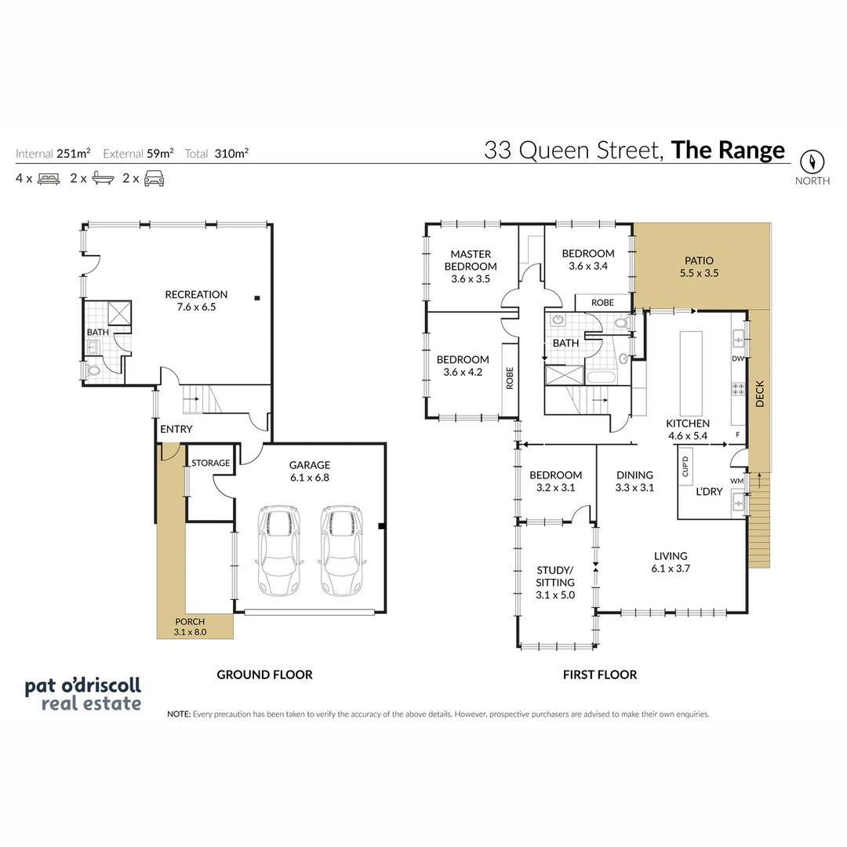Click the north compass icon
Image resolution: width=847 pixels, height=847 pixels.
[x=812, y=162]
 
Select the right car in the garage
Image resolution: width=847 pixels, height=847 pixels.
[x=340, y=554]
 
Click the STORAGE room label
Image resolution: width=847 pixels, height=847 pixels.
[x=211, y=463]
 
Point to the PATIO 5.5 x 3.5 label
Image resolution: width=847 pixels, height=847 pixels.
[x=699, y=267]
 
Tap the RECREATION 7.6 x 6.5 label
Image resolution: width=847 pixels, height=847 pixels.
[x=196, y=300]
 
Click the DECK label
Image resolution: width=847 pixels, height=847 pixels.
[x=759, y=394]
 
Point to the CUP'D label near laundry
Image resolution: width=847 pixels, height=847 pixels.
[x=685, y=466]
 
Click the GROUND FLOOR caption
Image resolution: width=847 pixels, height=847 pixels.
[x=264, y=674]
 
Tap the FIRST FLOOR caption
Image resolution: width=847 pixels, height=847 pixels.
[x=600, y=674]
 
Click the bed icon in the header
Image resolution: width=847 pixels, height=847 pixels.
[x=49, y=178]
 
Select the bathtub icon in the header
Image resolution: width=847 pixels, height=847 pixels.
[x=103, y=178]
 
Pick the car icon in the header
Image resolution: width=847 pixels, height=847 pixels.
[x=154, y=178]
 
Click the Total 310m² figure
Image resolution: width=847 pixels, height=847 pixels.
[x=217, y=154]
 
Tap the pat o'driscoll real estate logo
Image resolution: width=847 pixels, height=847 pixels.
[x=82, y=694]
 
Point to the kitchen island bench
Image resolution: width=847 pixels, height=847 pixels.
[x=691, y=373]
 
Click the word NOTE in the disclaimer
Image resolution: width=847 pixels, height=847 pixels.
[x=178, y=714]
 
